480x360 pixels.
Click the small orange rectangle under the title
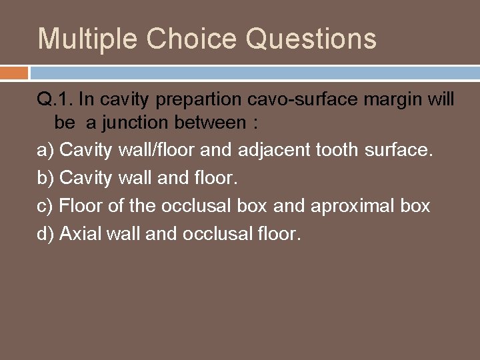[14, 73]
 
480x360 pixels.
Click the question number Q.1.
[55, 101]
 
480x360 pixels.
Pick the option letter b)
[45, 179]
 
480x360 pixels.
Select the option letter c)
[45, 205]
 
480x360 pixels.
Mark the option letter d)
[45, 233]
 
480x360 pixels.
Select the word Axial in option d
[79, 233]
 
